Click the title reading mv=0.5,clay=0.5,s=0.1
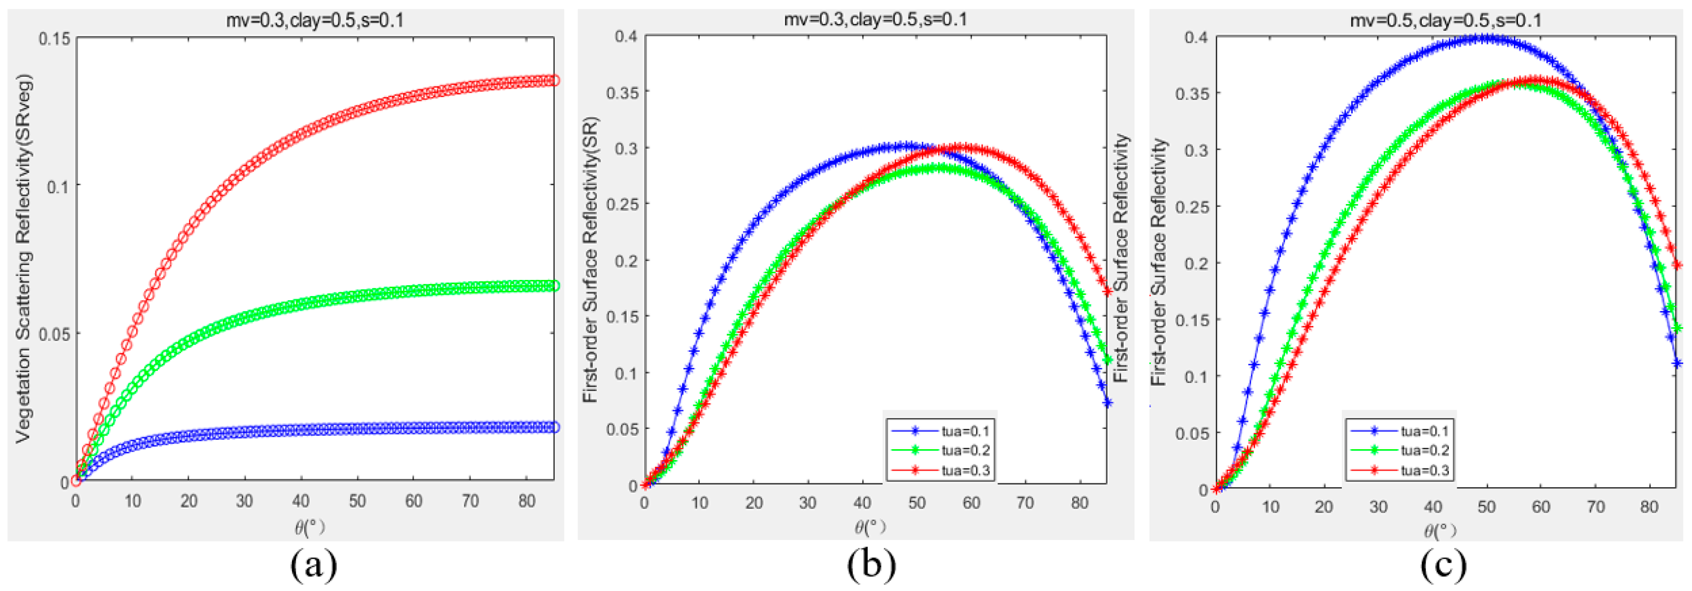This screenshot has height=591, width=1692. (1446, 20)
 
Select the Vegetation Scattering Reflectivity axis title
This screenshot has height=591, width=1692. (24, 259)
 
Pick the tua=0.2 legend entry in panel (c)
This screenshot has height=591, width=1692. (1399, 450)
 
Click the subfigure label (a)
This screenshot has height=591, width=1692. (314, 564)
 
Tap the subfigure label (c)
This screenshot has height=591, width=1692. (1444, 564)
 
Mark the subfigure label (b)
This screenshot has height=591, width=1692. (872, 564)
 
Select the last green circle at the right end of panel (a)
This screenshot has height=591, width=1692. (554, 286)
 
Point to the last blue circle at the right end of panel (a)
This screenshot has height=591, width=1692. (554, 427)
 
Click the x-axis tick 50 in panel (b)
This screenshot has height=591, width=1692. (916, 504)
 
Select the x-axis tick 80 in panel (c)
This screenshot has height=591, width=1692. (1649, 507)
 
